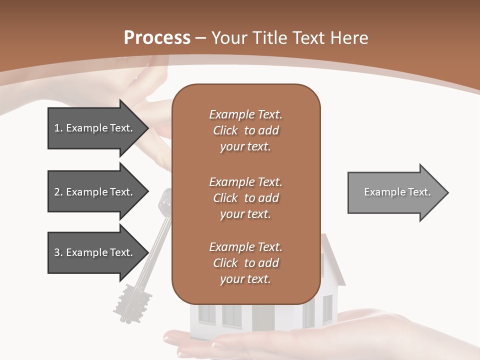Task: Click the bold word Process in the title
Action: pos(157,38)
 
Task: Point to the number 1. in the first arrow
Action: pos(58,128)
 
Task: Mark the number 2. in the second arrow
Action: pos(58,192)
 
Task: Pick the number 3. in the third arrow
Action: pos(58,252)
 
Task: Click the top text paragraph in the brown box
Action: pos(245,130)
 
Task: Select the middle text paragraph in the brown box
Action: pos(245,198)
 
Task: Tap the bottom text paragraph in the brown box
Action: pos(245,263)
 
